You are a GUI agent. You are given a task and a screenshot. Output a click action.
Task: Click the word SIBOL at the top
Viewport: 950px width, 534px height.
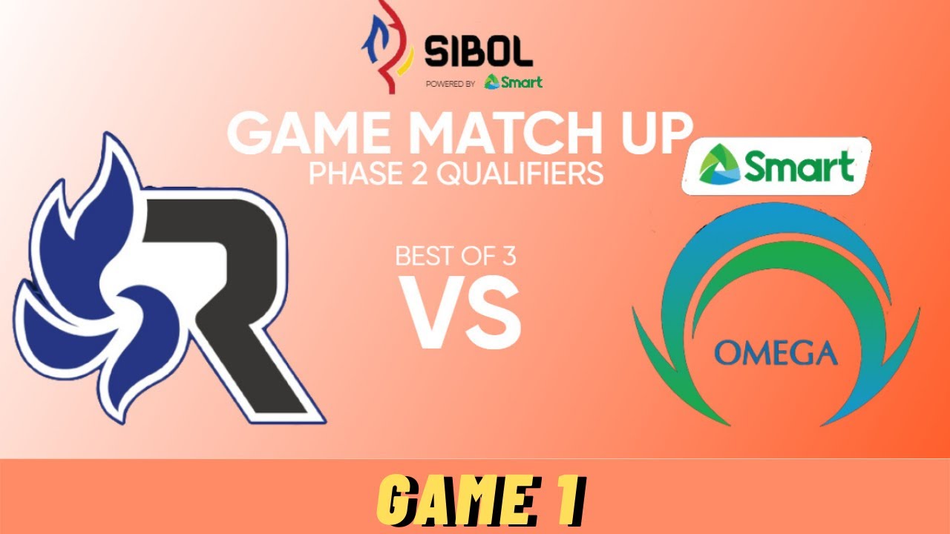pos(479,51)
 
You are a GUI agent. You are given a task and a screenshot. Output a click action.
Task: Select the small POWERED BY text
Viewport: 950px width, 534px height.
pos(451,85)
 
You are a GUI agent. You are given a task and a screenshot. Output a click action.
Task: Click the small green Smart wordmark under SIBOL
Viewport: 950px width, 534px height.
pos(513,82)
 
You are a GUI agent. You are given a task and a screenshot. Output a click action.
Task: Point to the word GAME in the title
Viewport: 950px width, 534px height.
pos(309,134)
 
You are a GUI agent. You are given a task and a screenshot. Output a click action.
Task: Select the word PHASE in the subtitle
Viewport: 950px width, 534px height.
pos(356,174)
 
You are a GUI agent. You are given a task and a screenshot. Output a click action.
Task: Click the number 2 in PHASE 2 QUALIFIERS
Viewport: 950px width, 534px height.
pos(420,174)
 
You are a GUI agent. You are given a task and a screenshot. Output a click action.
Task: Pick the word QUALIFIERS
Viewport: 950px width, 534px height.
pos(520,174)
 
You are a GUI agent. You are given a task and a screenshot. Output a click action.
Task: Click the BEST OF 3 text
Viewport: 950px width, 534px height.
pos(456,256)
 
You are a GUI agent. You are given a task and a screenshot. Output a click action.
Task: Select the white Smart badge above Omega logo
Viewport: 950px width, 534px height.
pos(776,165)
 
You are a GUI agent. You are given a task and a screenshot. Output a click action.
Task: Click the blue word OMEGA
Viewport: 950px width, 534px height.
pos(776,353)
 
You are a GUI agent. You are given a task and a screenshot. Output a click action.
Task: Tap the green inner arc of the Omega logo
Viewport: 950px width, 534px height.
pos(779,254)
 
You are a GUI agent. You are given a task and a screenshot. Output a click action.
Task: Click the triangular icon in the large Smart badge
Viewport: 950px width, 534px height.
pos(719,165)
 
